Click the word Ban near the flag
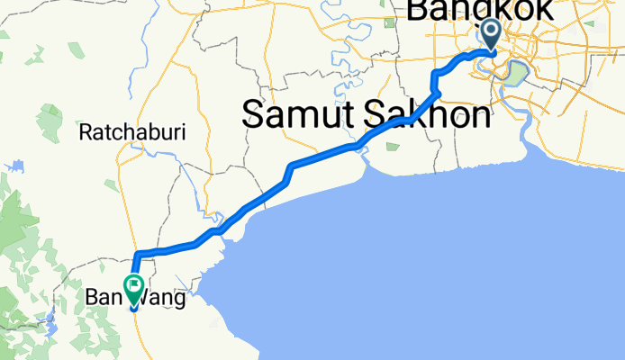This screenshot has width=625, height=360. click(102, 296)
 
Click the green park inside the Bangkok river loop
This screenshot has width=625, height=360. click(513, 74)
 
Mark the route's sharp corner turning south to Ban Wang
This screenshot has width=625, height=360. click(137, 253)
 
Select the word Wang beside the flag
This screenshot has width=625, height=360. click(167, 296)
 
